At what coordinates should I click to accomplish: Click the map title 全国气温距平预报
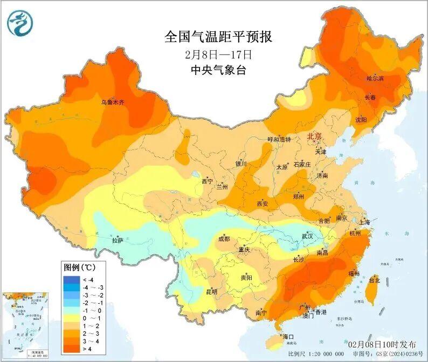pos(218,37)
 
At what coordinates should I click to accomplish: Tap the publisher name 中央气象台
pos(218,70)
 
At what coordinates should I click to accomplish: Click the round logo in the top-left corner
pos(20,23)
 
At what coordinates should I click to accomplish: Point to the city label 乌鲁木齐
pos(113,102)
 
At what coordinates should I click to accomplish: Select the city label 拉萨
pos(118,239)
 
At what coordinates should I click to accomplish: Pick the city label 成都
pos(224,238)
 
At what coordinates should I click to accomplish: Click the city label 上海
pos(365,222)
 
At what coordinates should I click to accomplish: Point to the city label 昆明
pos(212,292)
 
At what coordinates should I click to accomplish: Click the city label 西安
pos(263,204)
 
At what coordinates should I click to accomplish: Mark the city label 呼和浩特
pos(279,139)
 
